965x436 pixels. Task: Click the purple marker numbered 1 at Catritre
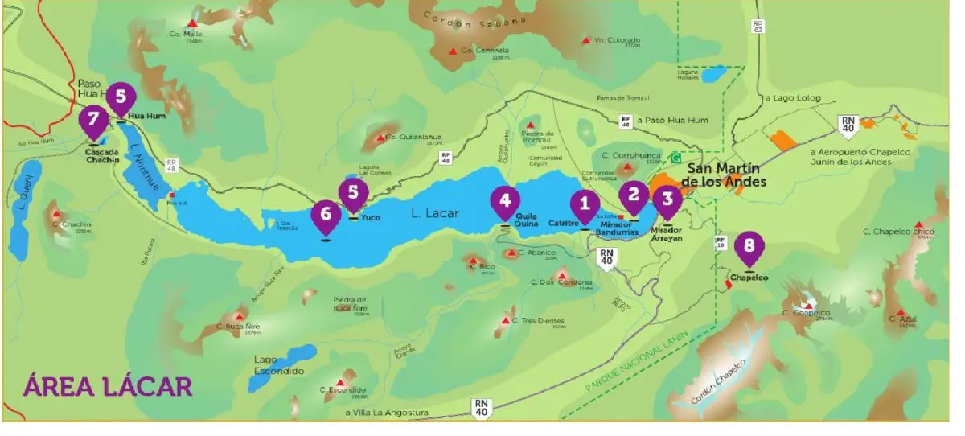(x=585, y=205)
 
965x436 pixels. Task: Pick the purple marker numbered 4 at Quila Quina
(x=505, y=200)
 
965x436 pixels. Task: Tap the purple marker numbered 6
(x=326, y=214)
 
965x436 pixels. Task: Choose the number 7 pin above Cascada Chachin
(x=94, y=121)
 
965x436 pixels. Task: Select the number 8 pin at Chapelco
(x=749, y=246)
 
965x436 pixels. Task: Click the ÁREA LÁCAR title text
(x=107, y=385)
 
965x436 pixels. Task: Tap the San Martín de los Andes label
(x=725, y=175)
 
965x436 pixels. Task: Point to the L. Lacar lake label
(x=434, y=213)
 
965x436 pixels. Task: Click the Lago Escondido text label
(x=277, y=365)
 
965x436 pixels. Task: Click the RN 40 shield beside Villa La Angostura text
(x=481, y=409)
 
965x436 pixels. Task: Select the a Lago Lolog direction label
(x=793, y=97)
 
